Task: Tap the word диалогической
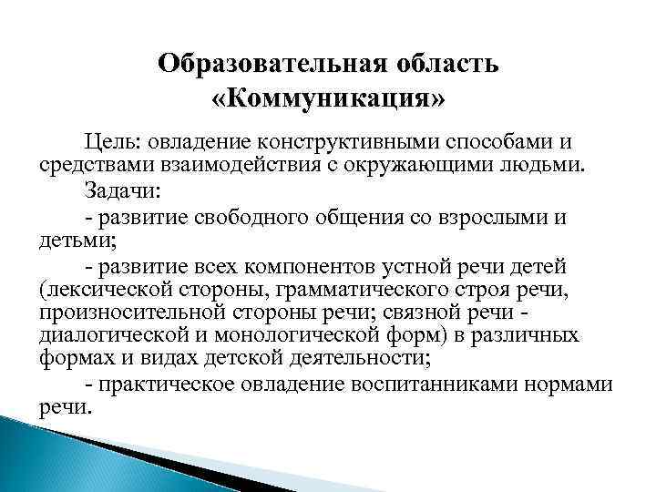(x=113, y=336)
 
